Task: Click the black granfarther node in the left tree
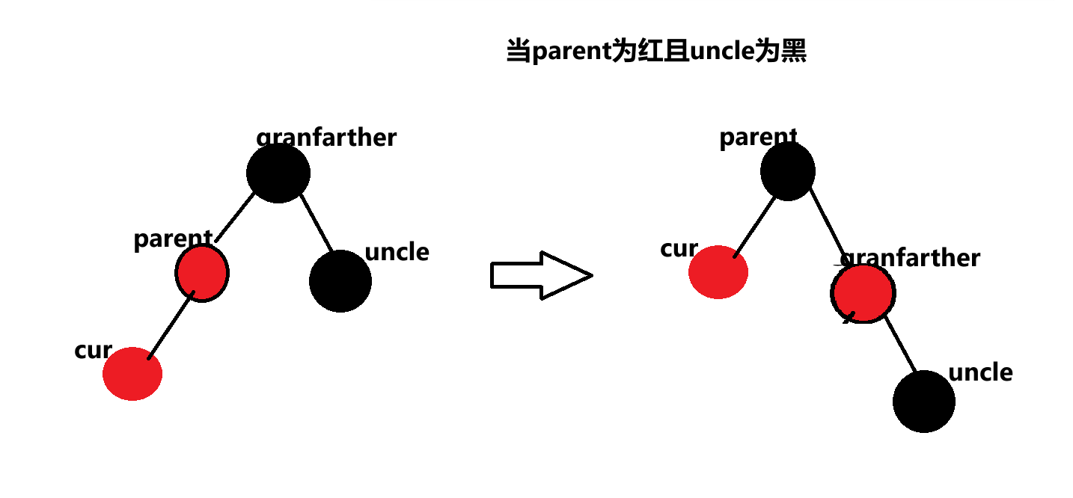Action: (x=278, y=173)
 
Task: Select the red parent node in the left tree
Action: (x=202, y=273)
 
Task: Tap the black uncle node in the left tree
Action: (x=340, y=281)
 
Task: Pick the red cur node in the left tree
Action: (x=132, y=373)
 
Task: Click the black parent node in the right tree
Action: (x=788, y=171)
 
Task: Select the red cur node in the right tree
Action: (x=718, y=272)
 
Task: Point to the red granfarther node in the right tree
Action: (x=862, y=294)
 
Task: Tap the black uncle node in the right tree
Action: (x=924, y=401)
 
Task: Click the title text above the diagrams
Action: (x=656, y=52)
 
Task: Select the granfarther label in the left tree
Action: (x=326, y=138)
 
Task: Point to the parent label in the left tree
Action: (x=173, y=239)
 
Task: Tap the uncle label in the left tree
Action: (x=397, y=252)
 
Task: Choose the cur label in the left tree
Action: (x=93, y=350)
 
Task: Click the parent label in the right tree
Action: (x=758, y=138)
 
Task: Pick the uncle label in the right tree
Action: (x=980, y=372)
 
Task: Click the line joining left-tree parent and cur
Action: (x=172, y=326)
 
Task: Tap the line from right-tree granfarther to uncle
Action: (x=900, y=346)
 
